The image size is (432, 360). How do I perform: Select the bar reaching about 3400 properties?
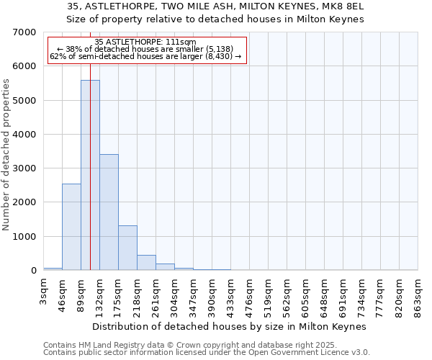(109, 212)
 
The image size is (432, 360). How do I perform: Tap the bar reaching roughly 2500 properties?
(71, 227)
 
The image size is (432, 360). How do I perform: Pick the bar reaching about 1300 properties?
(127, 248)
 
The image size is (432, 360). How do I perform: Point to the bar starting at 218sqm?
(146, 263)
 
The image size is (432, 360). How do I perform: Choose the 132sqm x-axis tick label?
(99, 295)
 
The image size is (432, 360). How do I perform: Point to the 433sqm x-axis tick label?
(230, 295)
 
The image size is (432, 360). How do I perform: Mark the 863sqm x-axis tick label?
(418, 295)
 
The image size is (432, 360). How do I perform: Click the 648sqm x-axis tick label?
(324, 295)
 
